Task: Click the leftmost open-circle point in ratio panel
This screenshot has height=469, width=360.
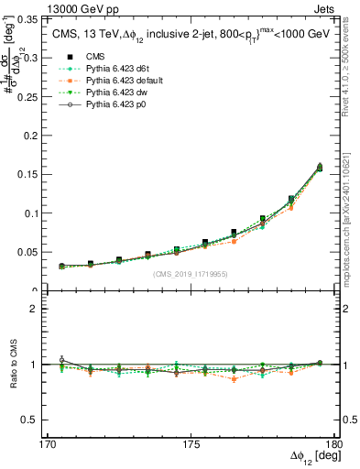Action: click(x=61, y=359)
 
